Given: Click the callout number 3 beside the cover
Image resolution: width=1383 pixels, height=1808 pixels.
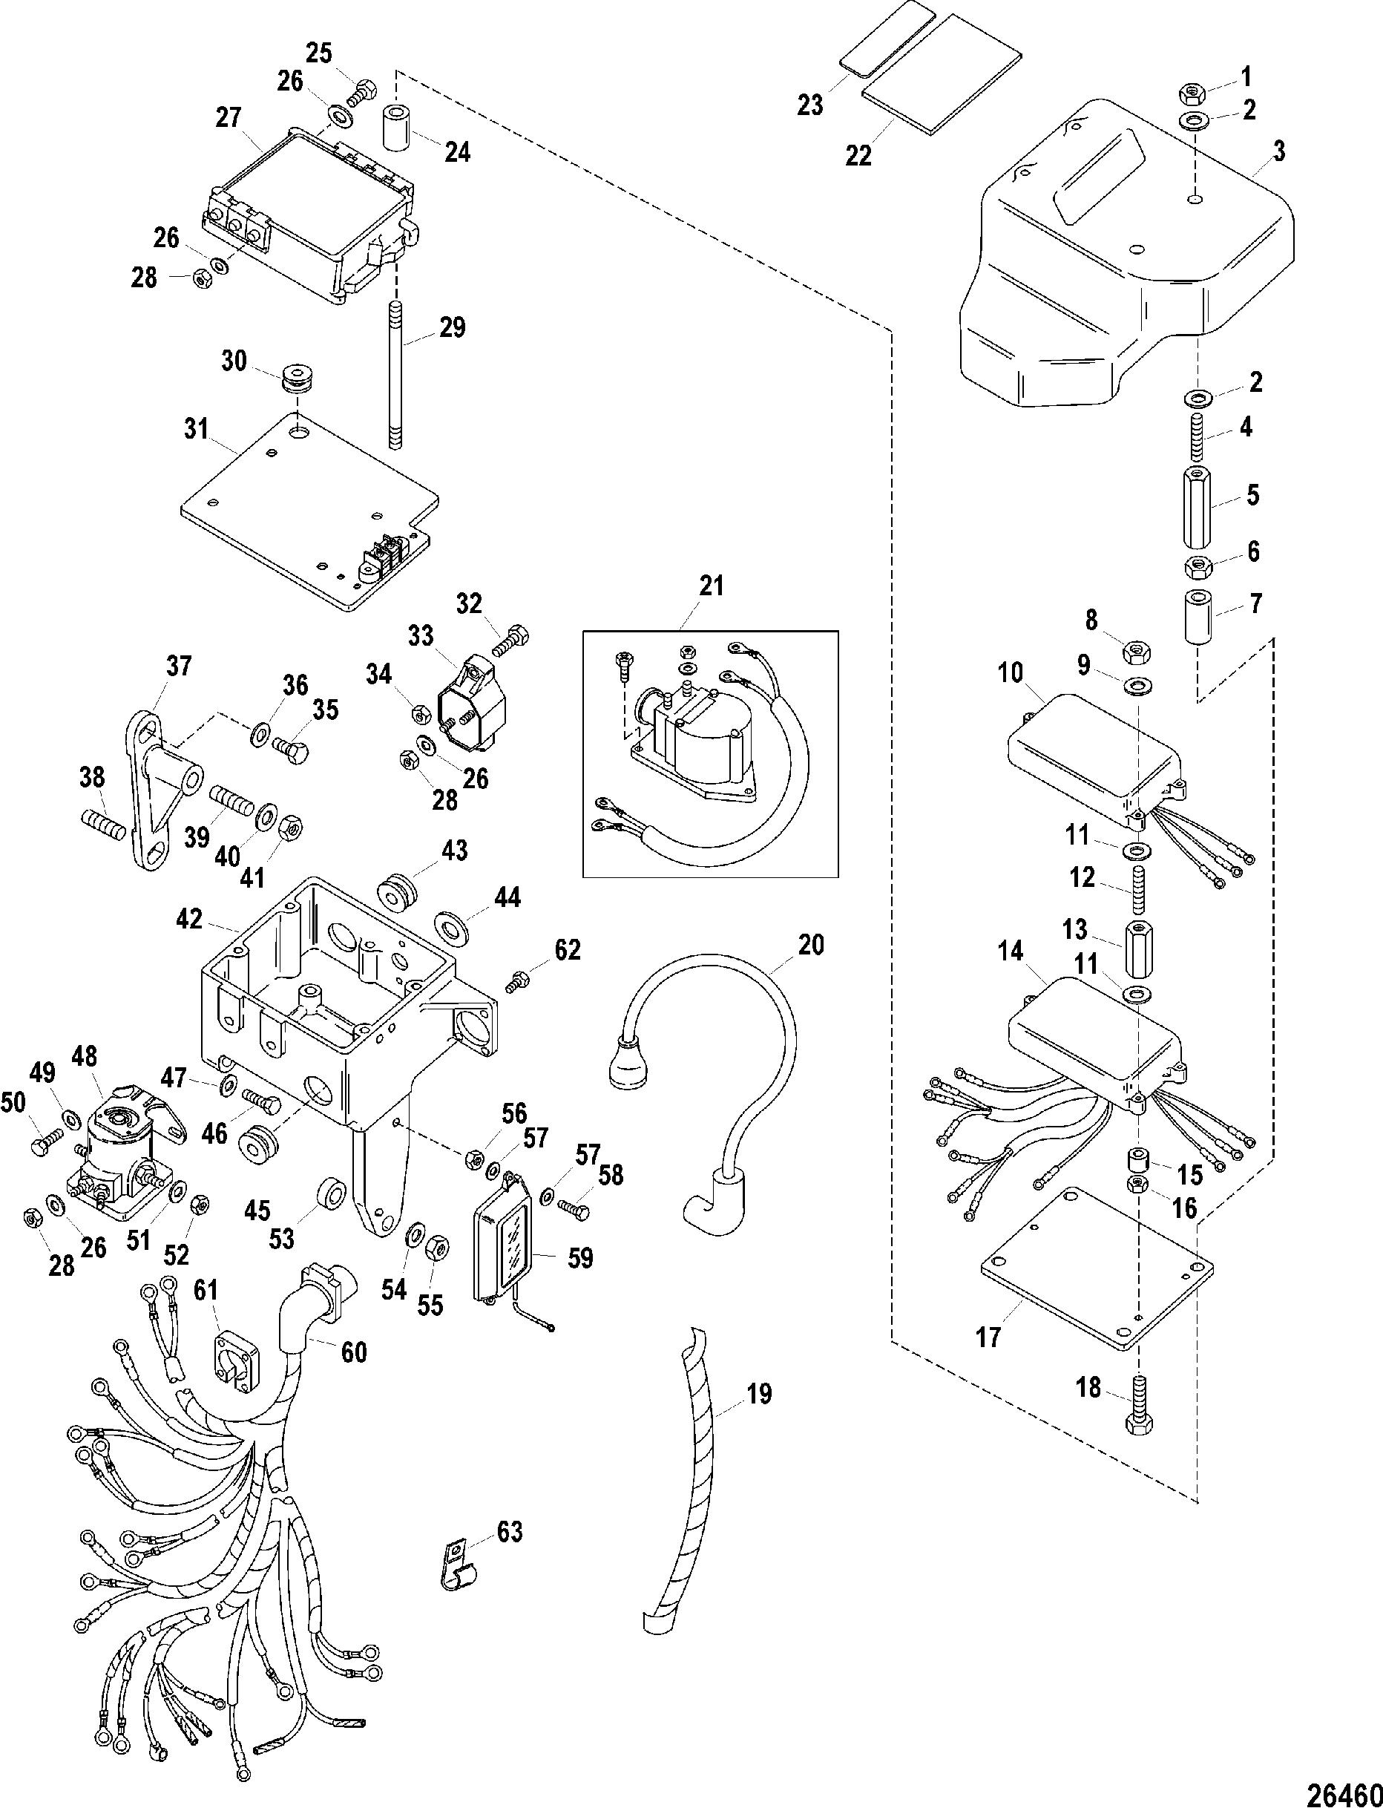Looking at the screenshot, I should click(x=1278, y=151).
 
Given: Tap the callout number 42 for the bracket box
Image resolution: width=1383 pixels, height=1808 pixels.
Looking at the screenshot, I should click(x=189, y=918).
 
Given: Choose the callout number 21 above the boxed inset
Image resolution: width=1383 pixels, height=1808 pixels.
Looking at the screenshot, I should click(x=711, y=586).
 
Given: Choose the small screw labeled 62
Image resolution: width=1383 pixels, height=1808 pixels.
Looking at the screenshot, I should click(x=518, y=981).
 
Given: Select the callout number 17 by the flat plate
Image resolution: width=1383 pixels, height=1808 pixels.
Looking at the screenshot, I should click(x=988, y=1336).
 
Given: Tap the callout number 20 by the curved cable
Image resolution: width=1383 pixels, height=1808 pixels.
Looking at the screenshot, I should click(x=810, y=944).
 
